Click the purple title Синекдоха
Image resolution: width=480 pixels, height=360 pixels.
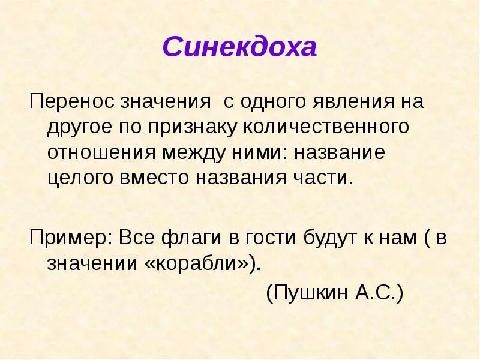[239, 47]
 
